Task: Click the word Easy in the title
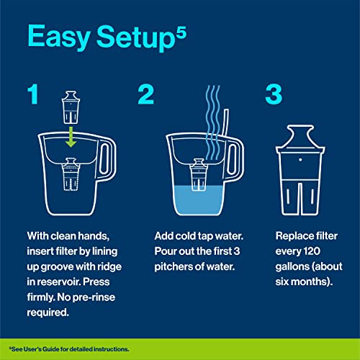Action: tap(59, 37)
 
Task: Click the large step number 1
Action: tap(33, 94)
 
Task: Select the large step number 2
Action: tap(145, 94)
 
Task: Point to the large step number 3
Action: tap(274, 94)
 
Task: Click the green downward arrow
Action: tap(71, 137)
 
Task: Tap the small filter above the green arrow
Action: tap(71, 107)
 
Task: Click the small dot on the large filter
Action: tap(300, 160)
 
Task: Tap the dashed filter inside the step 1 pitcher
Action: tap(71, 174)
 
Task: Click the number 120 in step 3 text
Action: tap(312, 251)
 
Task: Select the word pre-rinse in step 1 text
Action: tap(94, 297)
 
